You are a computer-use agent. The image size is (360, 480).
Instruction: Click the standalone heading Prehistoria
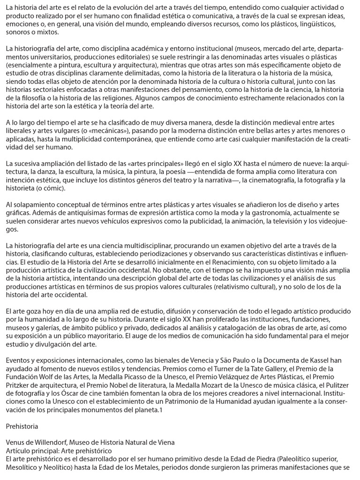22,427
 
